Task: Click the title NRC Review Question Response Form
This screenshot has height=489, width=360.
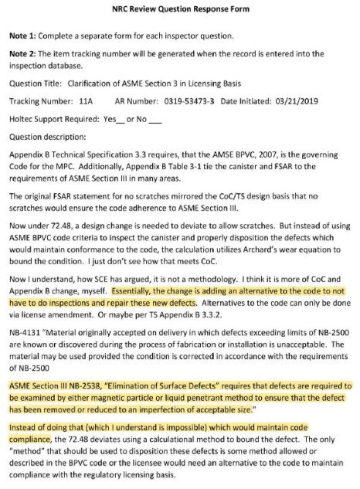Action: (179, 9)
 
